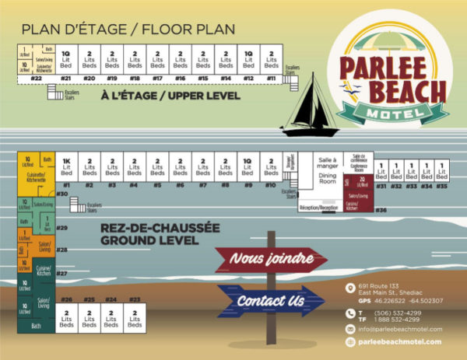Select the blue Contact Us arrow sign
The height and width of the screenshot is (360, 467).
click(269, 300)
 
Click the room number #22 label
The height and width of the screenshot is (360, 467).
click(36, 78)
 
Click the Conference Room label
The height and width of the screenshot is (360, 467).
click(359, 166)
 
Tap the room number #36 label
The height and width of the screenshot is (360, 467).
click(381, 210)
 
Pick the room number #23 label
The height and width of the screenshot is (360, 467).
click(134, 299)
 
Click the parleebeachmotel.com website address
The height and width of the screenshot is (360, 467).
click(400, 341)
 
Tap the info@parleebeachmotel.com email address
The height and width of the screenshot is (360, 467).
click(400, 329)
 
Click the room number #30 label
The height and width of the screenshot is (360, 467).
click(63, 194)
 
